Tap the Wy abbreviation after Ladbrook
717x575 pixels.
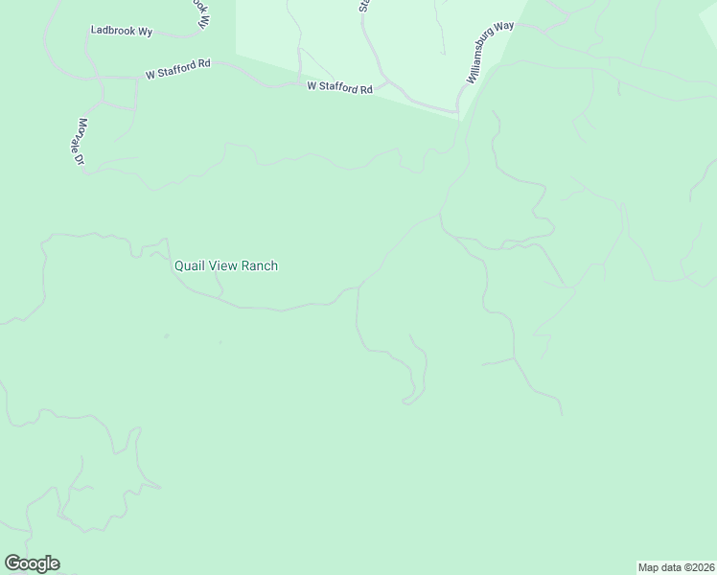[x=146, y=31]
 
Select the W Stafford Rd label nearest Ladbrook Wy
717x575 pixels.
[x=178, y=69]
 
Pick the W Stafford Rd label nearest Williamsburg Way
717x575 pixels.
[x=339, y=88]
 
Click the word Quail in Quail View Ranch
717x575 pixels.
[x=189, y=265]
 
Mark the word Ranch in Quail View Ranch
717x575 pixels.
[x=260, y=265]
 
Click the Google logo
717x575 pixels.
[x=32, y=563]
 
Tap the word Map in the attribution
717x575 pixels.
[x=649, y=566]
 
